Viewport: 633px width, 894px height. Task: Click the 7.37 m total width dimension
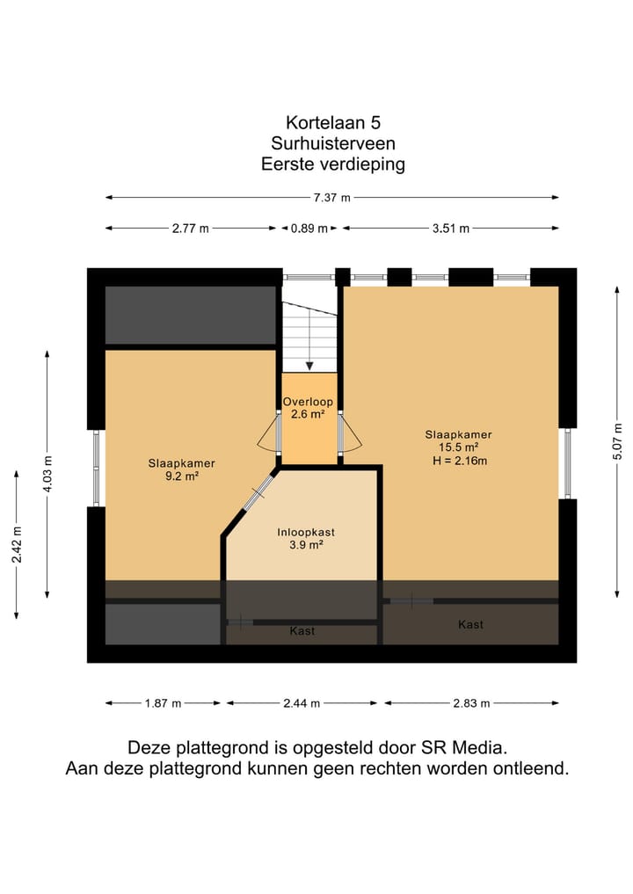[332, 198]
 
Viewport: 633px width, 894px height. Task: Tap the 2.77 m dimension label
[191, 229]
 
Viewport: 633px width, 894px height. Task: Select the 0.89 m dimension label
[309, 229]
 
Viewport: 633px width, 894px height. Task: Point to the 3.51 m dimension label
[450, 229]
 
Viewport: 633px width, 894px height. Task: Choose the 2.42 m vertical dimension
[17, 544]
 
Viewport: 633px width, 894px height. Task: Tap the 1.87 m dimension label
[164, 703]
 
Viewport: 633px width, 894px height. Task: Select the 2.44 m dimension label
[302, 703]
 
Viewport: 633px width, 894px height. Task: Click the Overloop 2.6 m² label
[308, 408]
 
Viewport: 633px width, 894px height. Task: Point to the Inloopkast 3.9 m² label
[306, 538]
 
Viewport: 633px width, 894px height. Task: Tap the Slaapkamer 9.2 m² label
[183, 469]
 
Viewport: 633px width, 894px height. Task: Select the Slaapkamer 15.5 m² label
[458, 447]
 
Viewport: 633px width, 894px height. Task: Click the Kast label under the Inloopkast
[302, 631]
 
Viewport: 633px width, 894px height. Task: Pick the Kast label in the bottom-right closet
[470, 624]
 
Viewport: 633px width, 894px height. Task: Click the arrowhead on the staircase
[309, 366]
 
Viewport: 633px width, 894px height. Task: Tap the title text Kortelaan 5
[332, 123]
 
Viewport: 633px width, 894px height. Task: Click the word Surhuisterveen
[332, 143]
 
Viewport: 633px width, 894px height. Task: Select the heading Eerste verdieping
[332, 164]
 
